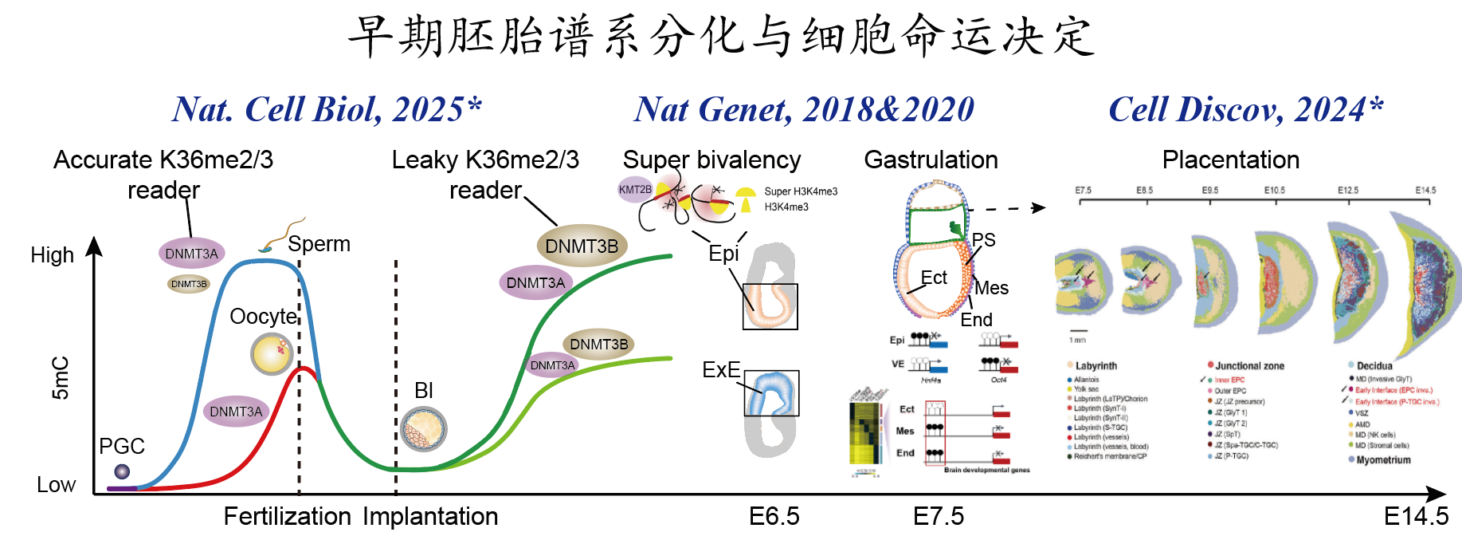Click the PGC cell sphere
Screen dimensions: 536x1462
[122, 471]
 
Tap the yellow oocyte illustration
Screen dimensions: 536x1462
[272, 354]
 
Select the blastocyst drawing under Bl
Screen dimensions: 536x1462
[423, 429]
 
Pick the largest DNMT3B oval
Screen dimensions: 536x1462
[582, 246]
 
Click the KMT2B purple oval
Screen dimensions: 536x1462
[635, 190]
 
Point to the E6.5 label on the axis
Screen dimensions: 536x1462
[774, 517]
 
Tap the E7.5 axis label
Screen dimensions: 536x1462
[938, 517]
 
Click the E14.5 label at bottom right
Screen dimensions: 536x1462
[1416, 517]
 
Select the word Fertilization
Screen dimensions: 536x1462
[287, 517]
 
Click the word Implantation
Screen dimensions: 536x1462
[430, 517]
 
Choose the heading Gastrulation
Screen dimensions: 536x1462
[931, 160]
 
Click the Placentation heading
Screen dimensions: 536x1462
[1230, 160]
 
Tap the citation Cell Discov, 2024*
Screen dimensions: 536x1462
[1246, 110]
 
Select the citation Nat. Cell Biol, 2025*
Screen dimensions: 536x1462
[327, 110]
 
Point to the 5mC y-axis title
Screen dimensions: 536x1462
[61, 377]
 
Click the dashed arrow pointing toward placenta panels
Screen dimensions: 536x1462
[1005, 208]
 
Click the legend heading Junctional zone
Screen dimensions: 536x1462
[1249, 366]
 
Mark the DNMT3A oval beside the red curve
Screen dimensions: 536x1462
[236, 412]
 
